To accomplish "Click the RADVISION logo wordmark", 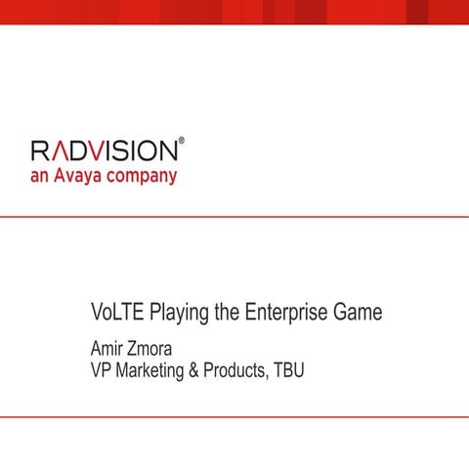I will [x=104, y=151].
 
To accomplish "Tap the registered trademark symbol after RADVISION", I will [x=181, y=142].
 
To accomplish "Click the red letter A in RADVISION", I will [x=64, y=151].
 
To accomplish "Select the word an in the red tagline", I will [x=40, y=178].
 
